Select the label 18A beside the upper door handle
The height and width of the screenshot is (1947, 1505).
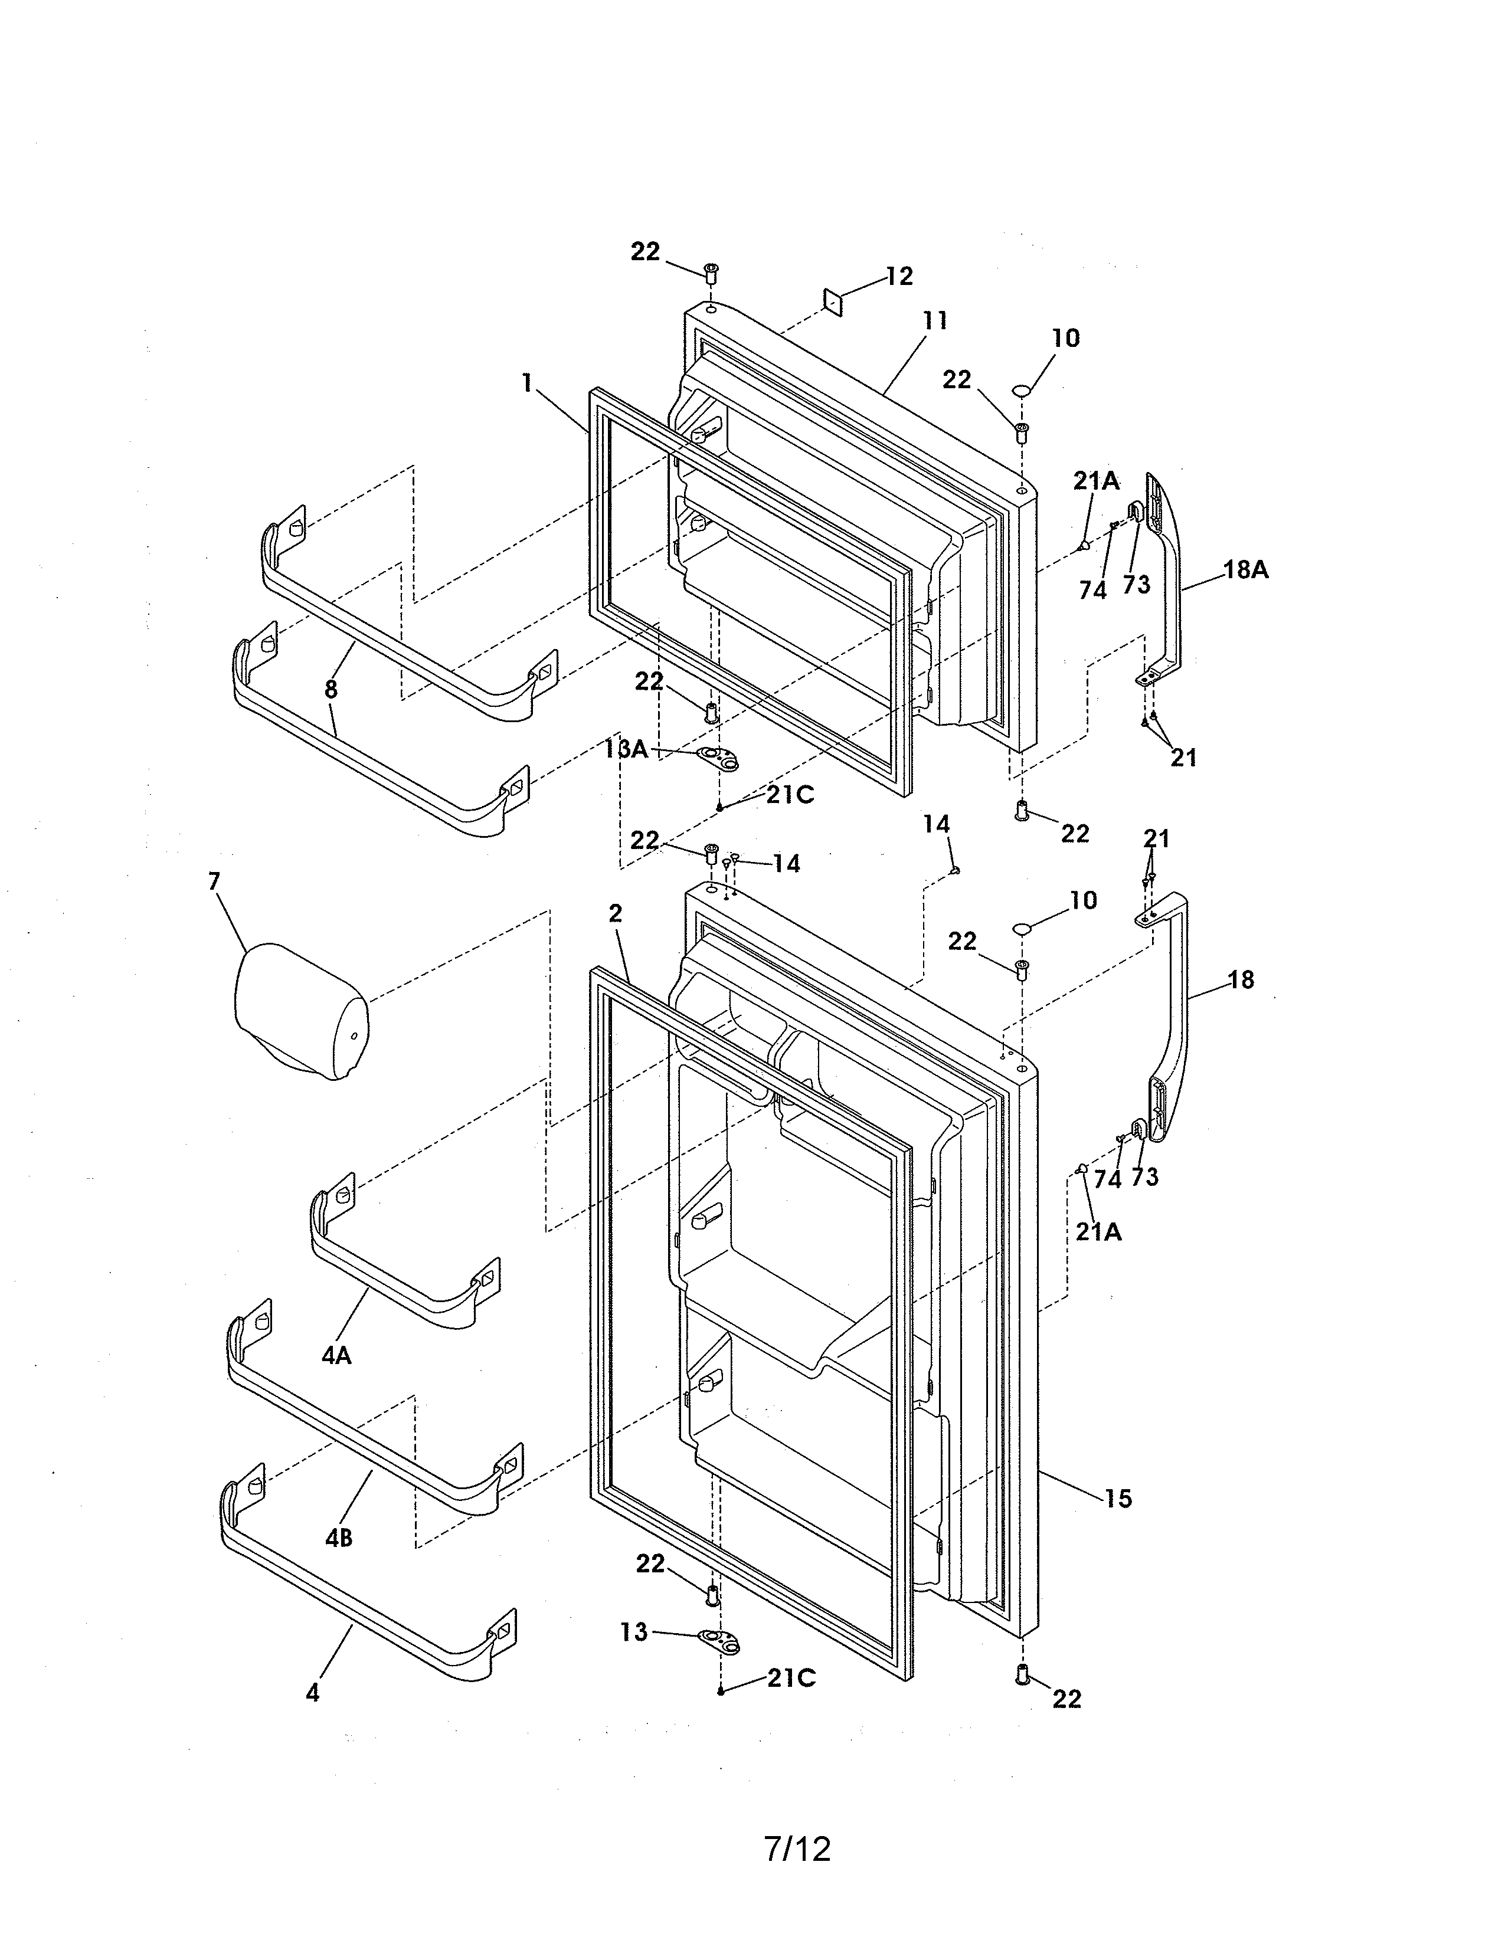(1245, 571)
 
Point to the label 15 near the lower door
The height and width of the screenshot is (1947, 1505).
(1117, 1499)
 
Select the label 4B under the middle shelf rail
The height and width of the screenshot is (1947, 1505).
(338, 1538)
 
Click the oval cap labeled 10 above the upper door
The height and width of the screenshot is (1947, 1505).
(1022, 391)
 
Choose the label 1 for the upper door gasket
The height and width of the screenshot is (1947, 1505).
(527, 383)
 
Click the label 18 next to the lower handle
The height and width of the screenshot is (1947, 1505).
(1240, 981)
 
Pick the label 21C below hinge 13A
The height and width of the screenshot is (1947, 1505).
(790, 795)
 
